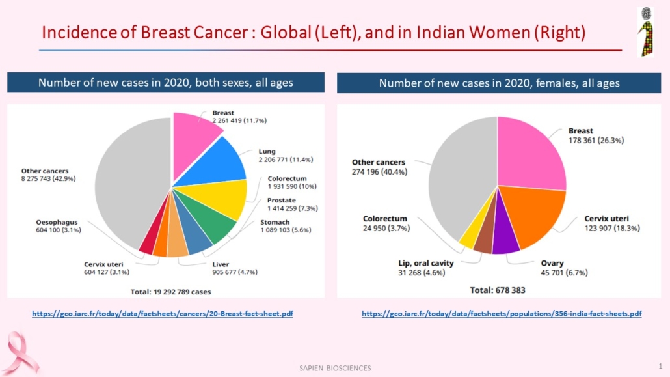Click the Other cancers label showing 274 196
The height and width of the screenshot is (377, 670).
point(379,167)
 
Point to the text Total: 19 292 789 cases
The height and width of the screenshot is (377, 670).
point(170,291)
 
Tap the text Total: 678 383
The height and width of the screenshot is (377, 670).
point(497,290)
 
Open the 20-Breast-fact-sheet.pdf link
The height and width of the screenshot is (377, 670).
point(163,314)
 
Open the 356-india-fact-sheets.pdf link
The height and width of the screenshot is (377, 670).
point(502,314)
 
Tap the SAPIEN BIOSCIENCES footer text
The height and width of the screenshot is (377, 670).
point(330,368)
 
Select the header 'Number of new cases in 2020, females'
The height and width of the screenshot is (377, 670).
point(499,83)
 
